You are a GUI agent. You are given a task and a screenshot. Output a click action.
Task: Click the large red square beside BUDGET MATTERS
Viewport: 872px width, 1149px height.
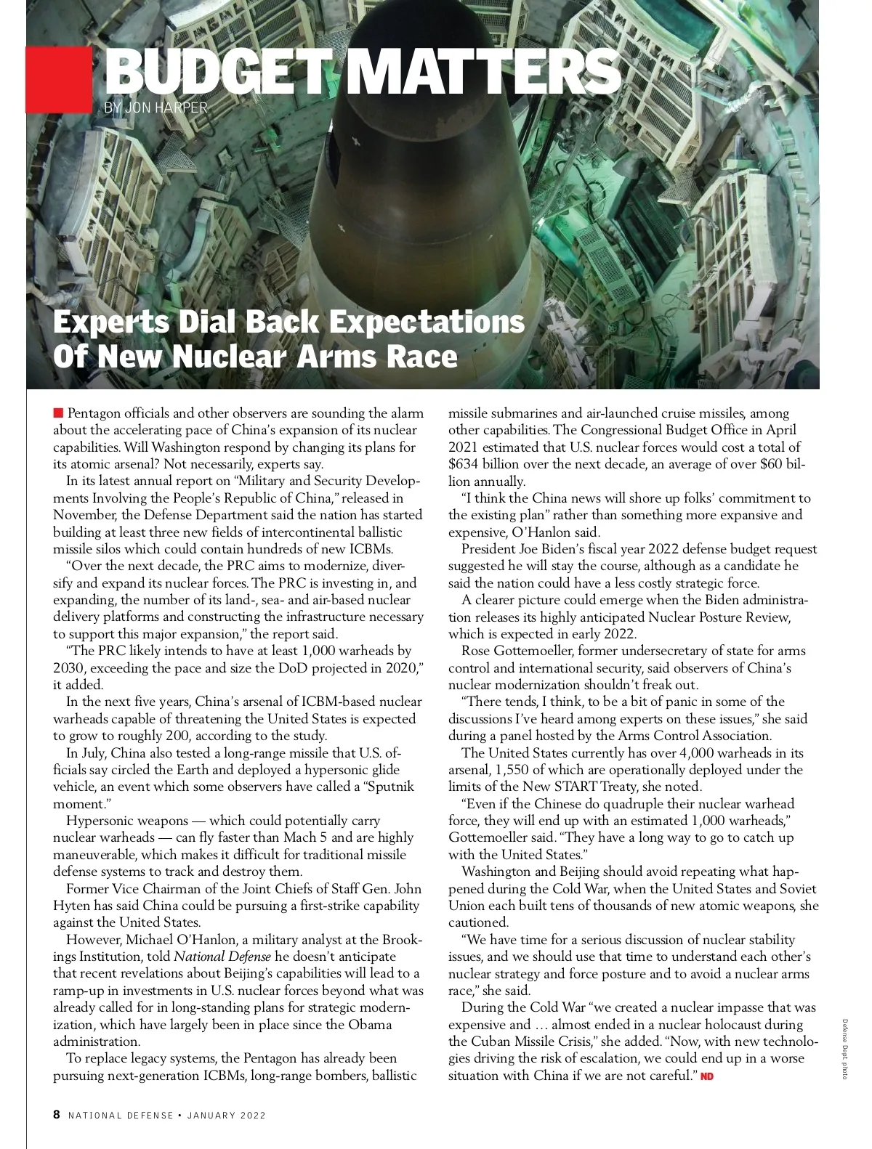[x=58, y=80]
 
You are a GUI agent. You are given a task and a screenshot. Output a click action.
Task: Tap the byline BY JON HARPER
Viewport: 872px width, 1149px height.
[x=156, y=108]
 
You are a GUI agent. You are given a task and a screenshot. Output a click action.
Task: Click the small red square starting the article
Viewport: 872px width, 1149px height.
[x=58, y=413]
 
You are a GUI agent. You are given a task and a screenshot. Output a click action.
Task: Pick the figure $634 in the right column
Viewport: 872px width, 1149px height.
[x=464, y=464]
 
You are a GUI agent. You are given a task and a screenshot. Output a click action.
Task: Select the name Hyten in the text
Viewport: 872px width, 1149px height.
[x=71, y=906]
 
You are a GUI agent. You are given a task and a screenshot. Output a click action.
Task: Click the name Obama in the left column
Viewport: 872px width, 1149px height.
[x=373, y=1025]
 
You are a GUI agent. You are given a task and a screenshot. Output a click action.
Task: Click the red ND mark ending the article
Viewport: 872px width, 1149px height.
[x=707, y=1076]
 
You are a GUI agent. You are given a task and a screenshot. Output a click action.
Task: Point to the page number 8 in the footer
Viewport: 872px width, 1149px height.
[x=57, y=1115]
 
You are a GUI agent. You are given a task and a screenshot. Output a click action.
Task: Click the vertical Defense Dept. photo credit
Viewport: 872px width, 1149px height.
[x=845, y=1049]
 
